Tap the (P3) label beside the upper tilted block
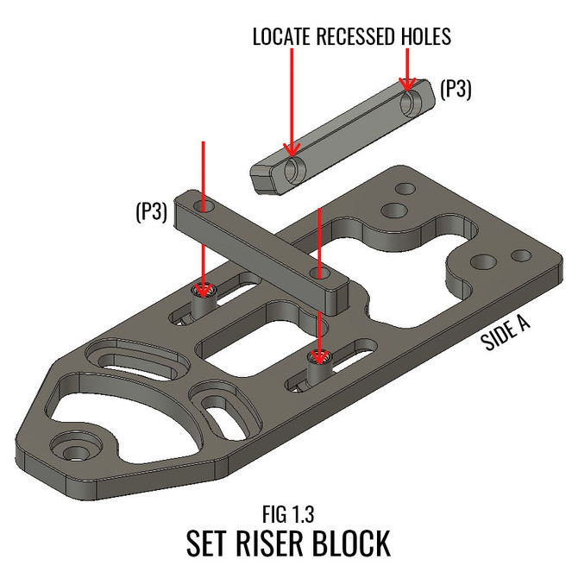click(455, 89)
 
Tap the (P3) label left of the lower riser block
click(151, 210)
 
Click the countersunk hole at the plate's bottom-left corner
click(72, 448)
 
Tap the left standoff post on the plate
click(204, 304)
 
